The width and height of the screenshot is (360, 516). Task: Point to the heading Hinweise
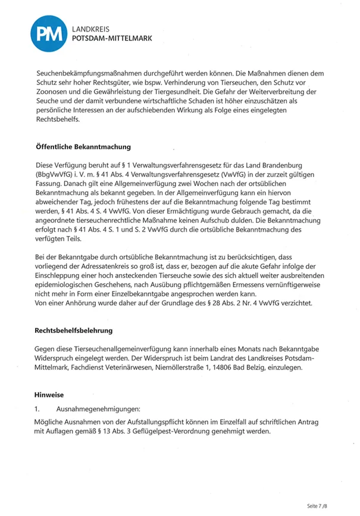coord(48,394)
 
